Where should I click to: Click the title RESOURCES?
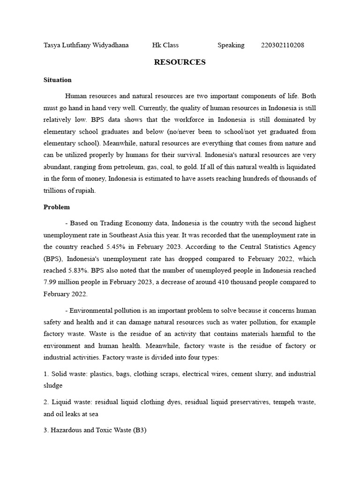[180, 62]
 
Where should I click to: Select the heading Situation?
[57, 80]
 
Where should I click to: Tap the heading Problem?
[57, 207]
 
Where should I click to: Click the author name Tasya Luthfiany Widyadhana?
[86, 45]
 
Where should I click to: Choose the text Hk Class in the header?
[165, 45]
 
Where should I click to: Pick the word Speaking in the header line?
[231, 45]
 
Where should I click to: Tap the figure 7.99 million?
[66, 282]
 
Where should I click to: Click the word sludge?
[53, 386]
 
